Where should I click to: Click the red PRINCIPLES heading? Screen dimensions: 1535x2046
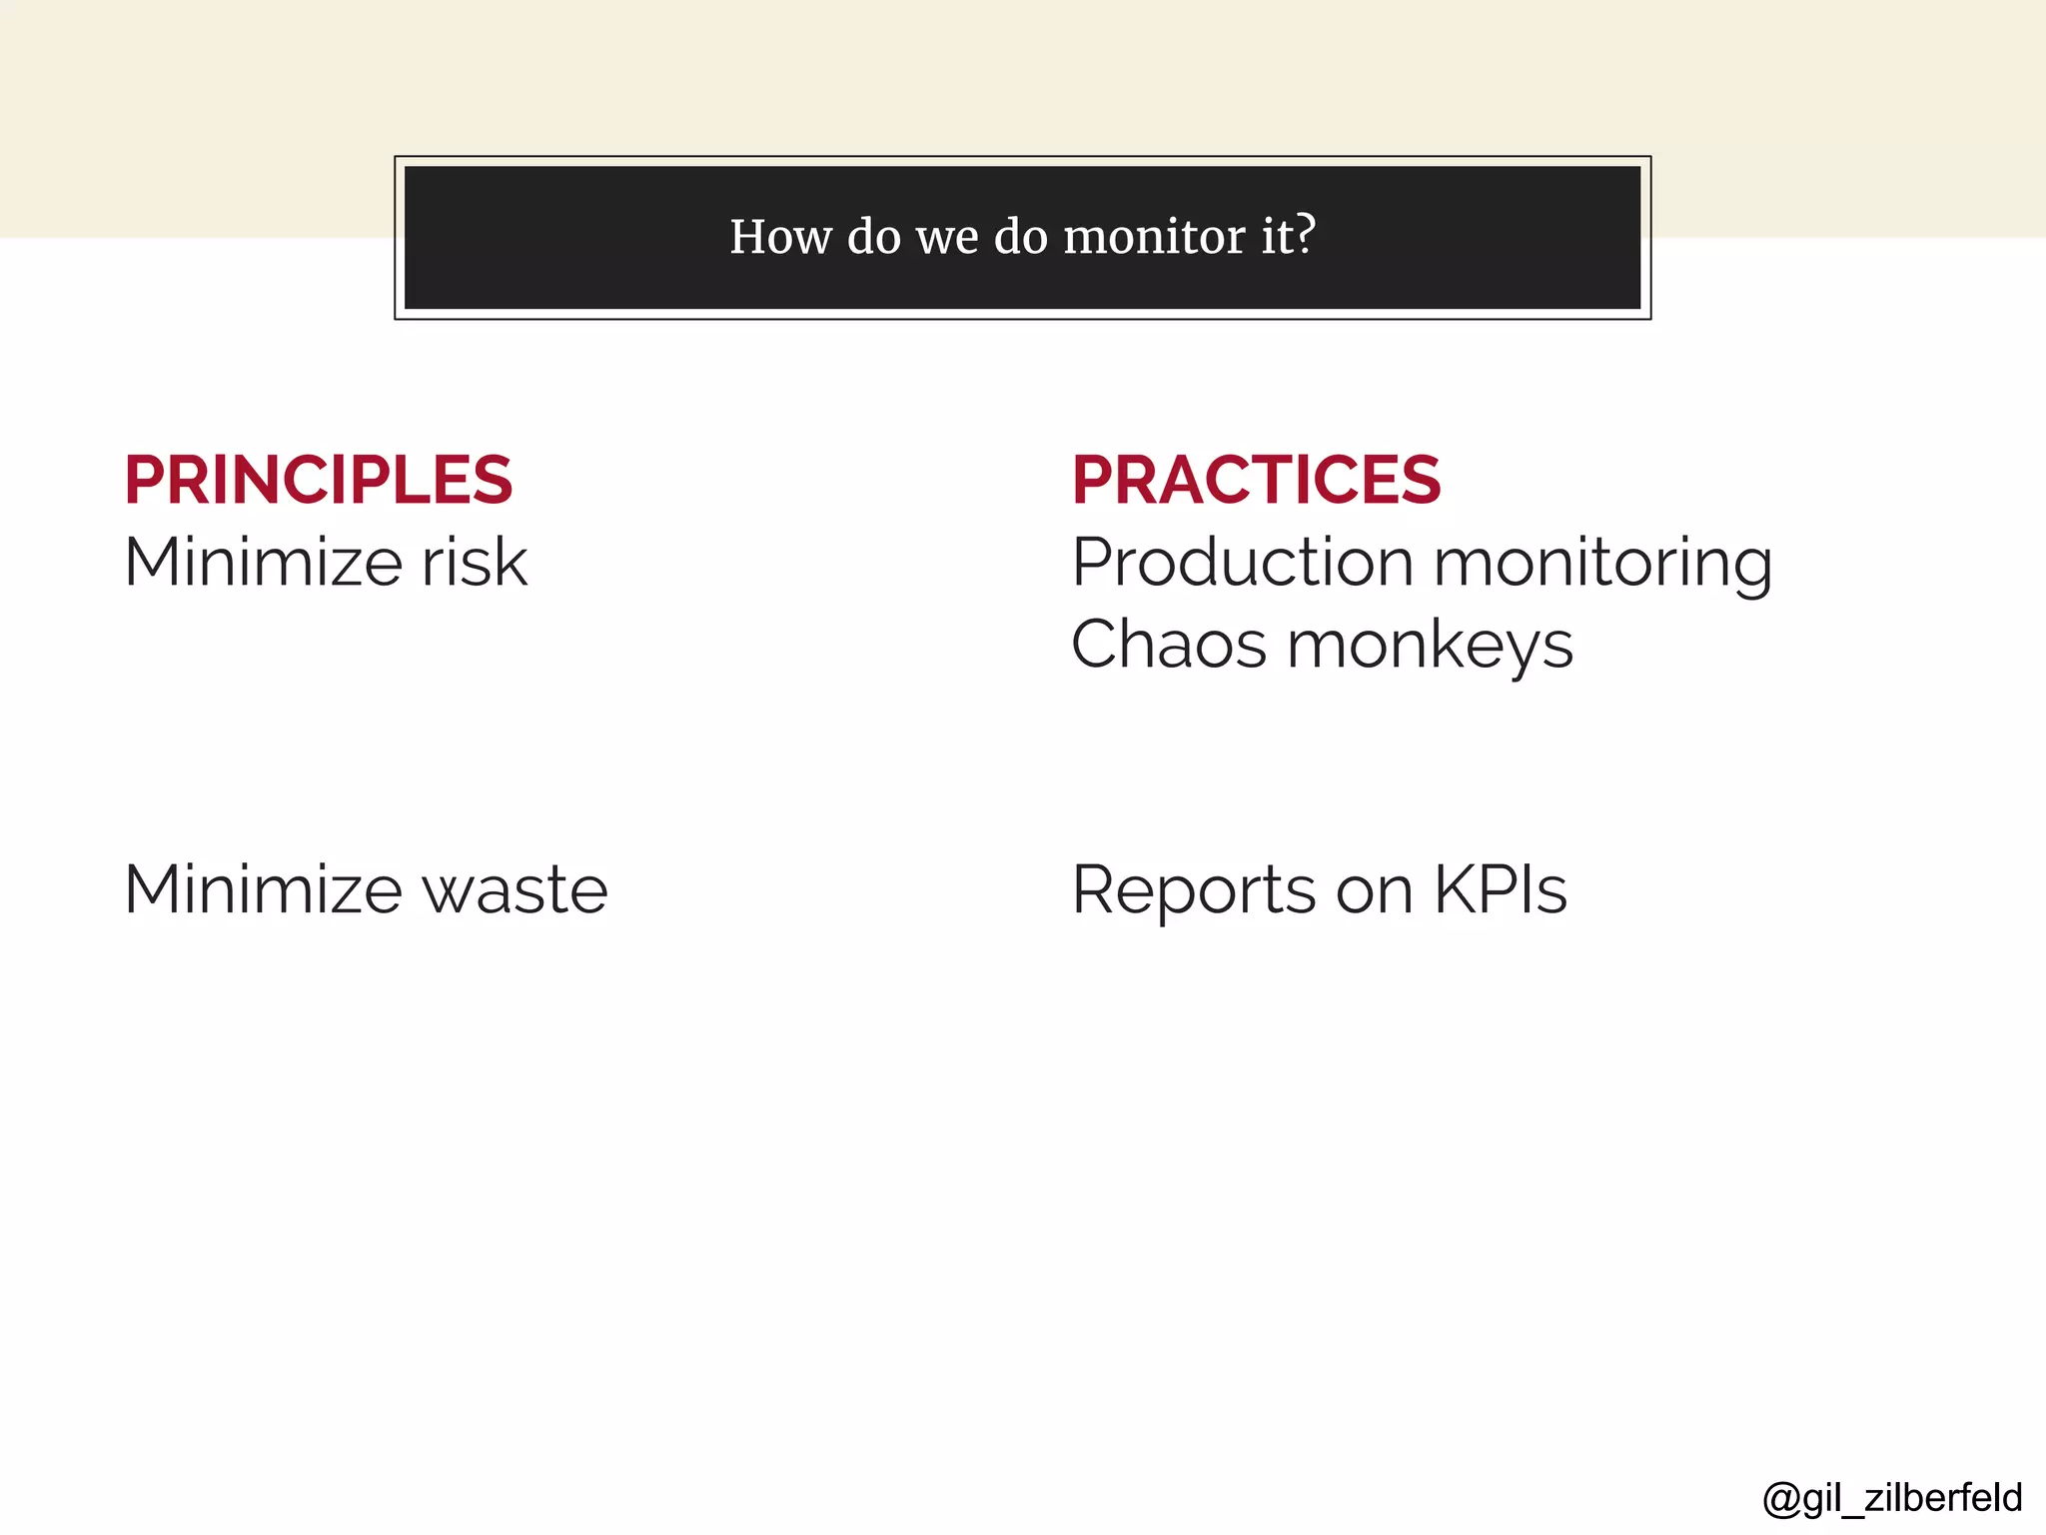[318, 480]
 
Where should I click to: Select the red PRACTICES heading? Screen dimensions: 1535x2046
[1256, 480]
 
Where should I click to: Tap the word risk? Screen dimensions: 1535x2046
[474, 562]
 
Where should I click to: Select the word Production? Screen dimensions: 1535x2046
[1242, 562]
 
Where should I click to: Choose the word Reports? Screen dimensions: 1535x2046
[1193, 889]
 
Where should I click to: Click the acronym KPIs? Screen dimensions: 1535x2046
[1500, 889]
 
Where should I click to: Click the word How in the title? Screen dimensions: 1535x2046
[780, 237]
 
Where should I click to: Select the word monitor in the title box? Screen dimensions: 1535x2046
[1153, 237]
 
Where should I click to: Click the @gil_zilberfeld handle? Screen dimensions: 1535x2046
[1892, 1497]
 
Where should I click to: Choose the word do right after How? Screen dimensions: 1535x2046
[874, 237]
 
